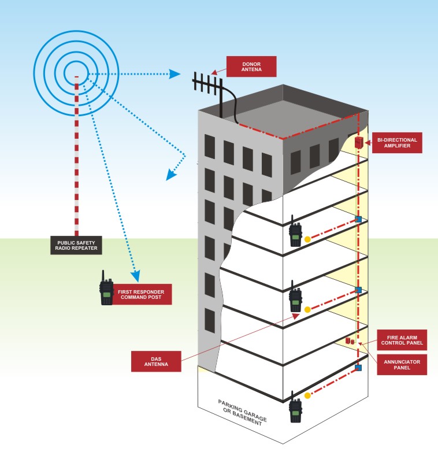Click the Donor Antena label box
pyautogui.click(x=251, y=66)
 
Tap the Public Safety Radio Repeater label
pyautogui.click(x=76, y=246)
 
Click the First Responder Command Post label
pyautogui.click(x=140, y=295)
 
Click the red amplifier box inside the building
pyautogui.click(x=359, y=142)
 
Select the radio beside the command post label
pyautogui.click(x=106, y=288)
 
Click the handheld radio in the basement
pyautogui.click(x=296, y=408)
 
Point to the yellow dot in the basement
pyautogui.click(x=307, y=396)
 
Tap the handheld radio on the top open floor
pyautogui.click(x=296, y=232)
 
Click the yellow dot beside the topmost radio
pyautogui.click(x=307, y=239)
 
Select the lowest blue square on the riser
pyautogui.click(x=358, y=367)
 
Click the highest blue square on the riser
pyautogui.click(x=358, y=220)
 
